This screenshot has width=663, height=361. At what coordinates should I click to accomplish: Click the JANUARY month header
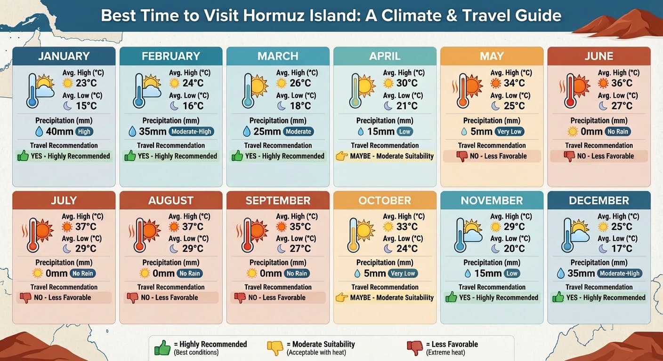point(64,56)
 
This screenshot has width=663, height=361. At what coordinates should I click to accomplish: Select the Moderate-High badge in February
point(191,132)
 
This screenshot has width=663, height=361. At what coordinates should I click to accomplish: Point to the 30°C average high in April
point(407,83)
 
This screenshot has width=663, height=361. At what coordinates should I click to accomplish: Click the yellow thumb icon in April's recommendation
point(341,157)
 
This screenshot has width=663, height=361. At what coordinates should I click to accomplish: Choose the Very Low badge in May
point(509,132)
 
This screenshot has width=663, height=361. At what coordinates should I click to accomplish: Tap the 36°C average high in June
point(622,83)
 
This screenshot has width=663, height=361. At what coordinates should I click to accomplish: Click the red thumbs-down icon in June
point(569,157)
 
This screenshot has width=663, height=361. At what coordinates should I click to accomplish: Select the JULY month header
point(64,200)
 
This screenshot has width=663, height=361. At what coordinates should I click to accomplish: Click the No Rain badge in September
point(297,274)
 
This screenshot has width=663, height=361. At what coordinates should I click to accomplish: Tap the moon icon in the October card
point(388,249)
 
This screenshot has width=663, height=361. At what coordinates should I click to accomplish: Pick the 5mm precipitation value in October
point(375,274)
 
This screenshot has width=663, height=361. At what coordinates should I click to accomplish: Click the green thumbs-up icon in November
point(451,298)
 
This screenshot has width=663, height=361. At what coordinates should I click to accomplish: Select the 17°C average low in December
point(622,249)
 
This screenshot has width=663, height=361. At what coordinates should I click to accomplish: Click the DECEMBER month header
point(599,200)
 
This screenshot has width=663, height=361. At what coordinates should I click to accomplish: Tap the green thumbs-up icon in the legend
point(162,348)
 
